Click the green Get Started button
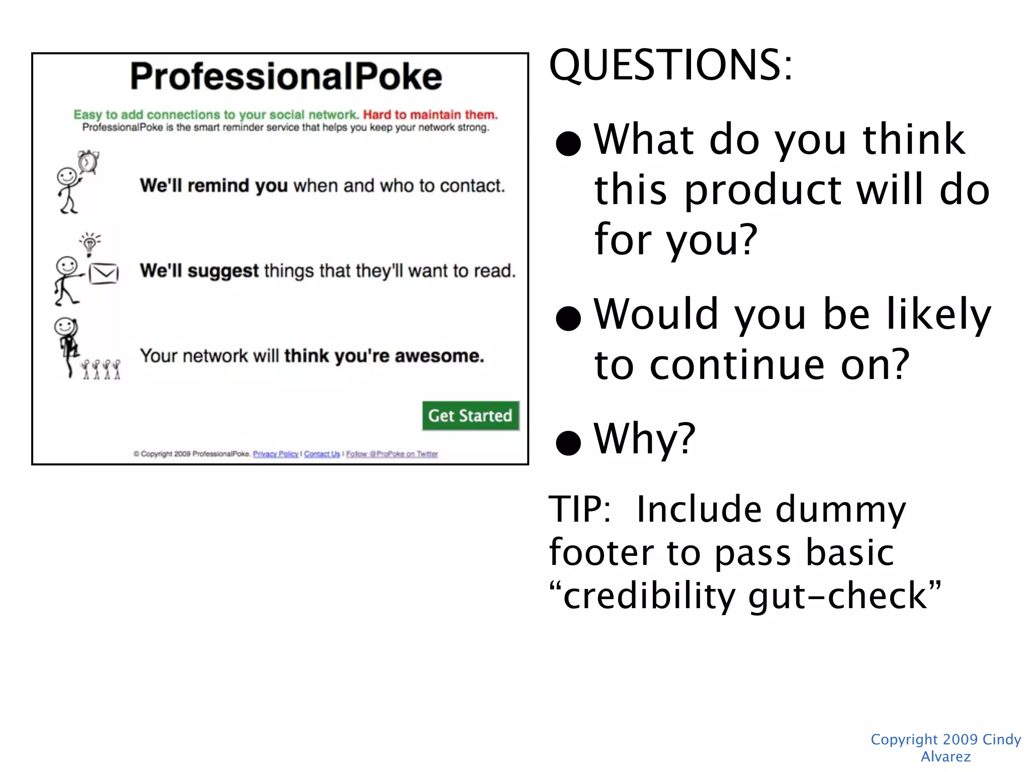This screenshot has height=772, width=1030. click(470, 416)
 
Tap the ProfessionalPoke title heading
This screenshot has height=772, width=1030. click(286, 76)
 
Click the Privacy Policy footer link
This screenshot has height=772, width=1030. click(276, 454)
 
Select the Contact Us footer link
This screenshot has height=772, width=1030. click(322, 454)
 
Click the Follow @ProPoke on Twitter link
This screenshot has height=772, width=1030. click(392, 454)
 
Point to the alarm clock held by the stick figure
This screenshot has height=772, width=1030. click(89, 162)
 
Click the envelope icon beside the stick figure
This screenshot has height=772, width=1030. click(104, 274)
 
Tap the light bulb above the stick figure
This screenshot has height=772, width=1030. click(90, 244)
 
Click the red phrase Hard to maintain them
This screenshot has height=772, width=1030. click(430, 115)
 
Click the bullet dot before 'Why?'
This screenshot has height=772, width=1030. click(568, 442)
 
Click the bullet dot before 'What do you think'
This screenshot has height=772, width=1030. click(568, 143)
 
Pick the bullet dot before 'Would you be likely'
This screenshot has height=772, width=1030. click(568, 318)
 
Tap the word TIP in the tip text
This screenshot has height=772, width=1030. click(578, 509)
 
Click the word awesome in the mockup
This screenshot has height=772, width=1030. click(439, 356)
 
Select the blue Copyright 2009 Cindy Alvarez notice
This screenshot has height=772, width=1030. click(946, 747)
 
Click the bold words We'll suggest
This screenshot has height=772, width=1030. click(199, 271)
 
